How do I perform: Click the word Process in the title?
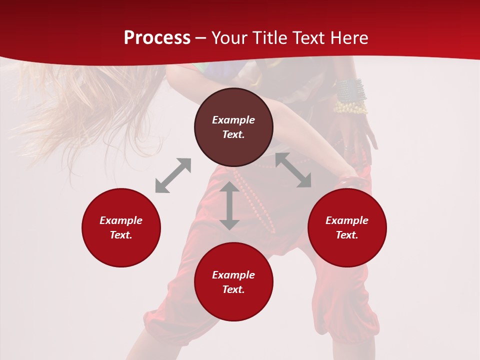157,38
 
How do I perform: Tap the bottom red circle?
233,305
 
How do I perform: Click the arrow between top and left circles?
173,175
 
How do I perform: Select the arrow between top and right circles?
293,170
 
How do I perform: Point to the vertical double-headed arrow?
229,205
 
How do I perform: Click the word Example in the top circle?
233,120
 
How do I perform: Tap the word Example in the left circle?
121,220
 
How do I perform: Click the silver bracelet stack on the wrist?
351,90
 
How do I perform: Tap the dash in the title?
200,38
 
